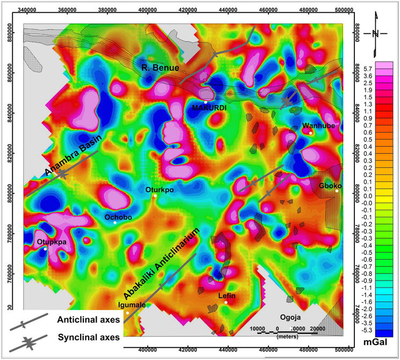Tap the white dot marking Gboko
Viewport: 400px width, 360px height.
coord(337,190)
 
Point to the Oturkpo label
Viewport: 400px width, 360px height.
coord(159,189)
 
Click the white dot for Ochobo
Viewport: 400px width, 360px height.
coord(115,223)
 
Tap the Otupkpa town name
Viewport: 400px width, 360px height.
coord(51,243)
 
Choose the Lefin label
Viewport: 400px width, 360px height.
coord(226,296)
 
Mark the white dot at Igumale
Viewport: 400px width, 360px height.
coord(127,313)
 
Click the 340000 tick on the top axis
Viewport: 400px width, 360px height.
coord(27,10)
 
